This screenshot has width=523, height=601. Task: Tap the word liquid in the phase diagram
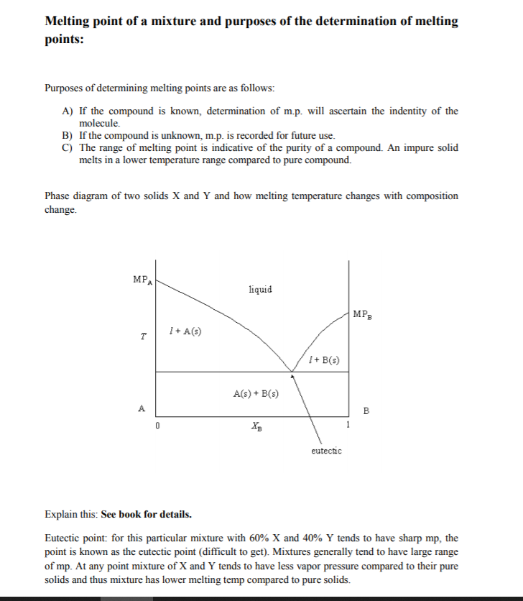[260, 289]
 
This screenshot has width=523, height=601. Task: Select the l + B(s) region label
[323, 359]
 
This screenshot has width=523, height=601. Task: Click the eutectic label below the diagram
[326, 451]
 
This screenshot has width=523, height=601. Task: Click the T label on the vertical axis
[144, 336]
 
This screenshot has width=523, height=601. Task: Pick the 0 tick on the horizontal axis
[157, 426]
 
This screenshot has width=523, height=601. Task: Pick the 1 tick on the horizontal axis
[349, 425]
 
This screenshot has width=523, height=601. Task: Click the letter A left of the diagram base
[142, 409]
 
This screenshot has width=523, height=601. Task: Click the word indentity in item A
[407, 111]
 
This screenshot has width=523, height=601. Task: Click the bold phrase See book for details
[147, 515]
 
